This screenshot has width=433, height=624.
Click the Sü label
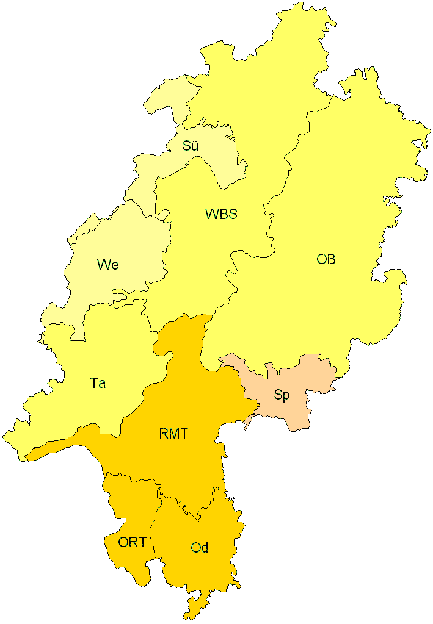191,146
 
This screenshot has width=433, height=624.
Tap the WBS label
221,214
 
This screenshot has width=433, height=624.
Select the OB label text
326,259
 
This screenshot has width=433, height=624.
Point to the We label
107,265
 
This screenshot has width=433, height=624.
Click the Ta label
98,383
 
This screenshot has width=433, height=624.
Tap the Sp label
282,395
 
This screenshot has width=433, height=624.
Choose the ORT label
132,542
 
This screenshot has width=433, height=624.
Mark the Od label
200,548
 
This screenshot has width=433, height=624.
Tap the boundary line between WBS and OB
269,232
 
